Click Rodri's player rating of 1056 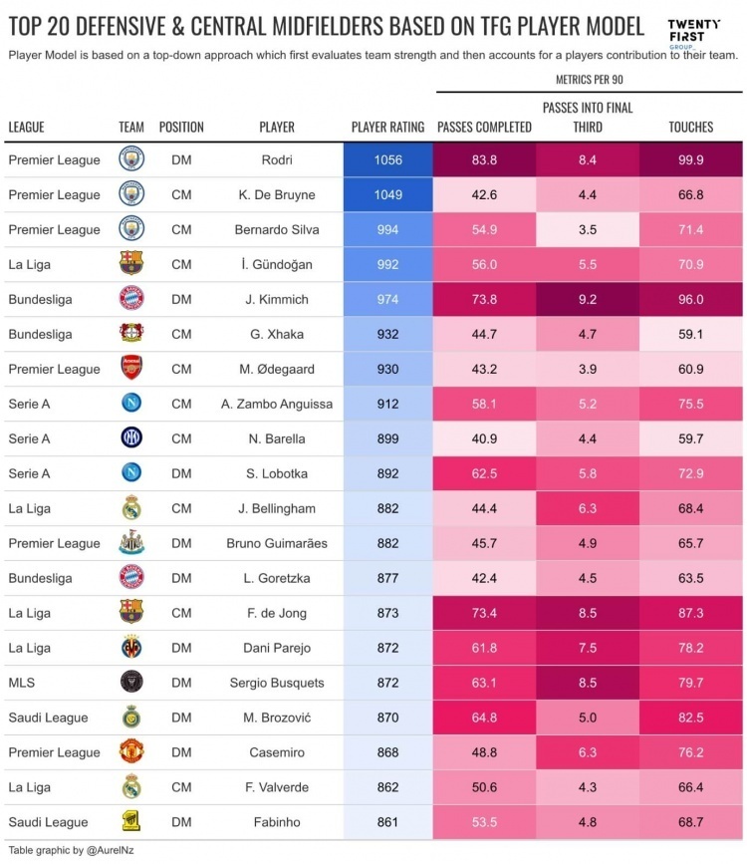pyautogui.click(x=388, y=159)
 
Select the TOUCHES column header pyautogui.click(x=690, y=128)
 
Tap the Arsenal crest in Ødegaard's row pyautogui.click(x=131, y=369)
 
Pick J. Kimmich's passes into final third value pyautogui.click(x=588, y=299)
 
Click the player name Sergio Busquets pyautogui.click(x=277, y=683)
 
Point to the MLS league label pyautogui.click(x=22, y=683)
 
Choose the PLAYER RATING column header pyautogui.click(x=387, y=128)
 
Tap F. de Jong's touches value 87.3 pyautogui.click(x=690, y=613)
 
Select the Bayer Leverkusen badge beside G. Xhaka pyautogui.click(x=131, y=334)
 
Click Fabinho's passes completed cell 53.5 pyautogui.click(x=485, y=822)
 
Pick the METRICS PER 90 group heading pyautogui.click(x=588, y=77)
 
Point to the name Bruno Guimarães pyautogui.click(x=277, y=543)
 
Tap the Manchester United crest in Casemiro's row pyautogui.click(x=131, y=752)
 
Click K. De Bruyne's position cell pyautogui.click(x=181, y=194)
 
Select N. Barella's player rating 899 pyautogui.click(x=388, y=438)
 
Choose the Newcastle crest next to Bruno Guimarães pyautogui.click(x=131, y=543)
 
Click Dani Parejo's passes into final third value pyautogui.click(x=588, y=648)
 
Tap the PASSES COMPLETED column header pyautogui.click(x=485, y=128)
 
